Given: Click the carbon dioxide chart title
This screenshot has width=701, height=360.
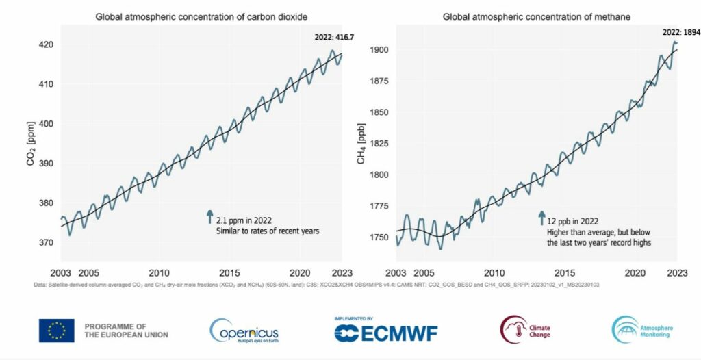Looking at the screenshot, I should tap(201, 16).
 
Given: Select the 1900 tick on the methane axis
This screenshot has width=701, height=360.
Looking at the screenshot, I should tap(379, 49).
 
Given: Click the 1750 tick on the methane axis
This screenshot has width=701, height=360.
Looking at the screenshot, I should tap(379, 237).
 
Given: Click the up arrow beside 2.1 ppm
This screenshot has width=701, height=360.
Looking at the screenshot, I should tap(209, 218).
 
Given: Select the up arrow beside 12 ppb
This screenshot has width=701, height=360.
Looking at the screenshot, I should tap(541, 218).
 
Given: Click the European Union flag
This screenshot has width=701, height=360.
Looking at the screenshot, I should tap(56, 331).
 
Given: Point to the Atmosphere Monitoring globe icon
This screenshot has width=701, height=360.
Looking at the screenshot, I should tap(624, 330).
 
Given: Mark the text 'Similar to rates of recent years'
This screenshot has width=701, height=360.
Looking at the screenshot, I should tap(268, 231).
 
